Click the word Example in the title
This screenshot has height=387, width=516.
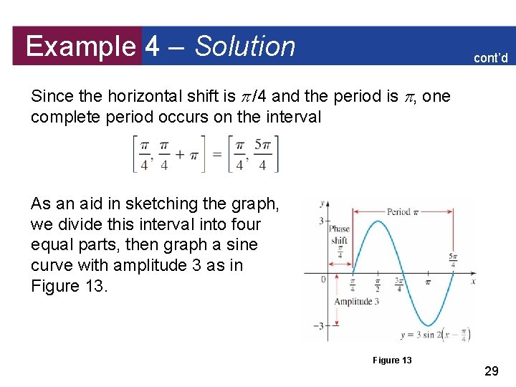(x=80, y=46)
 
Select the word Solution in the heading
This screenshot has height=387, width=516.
(x=245, y=46)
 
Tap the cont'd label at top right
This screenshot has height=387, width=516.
(x=490, y=58)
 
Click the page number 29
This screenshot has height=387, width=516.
(x=492, y=371)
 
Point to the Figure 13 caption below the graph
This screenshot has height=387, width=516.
(x=392, y=360)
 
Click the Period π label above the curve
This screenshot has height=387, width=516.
(x=398, y=211)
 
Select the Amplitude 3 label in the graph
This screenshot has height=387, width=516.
(x=356, y=302)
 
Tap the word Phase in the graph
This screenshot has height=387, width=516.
(x=339, y=229)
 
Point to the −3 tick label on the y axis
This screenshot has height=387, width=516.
(x=320, y=326)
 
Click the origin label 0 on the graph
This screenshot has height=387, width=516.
(x=323, y=279)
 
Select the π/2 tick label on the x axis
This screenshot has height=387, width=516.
(x=377, y=286)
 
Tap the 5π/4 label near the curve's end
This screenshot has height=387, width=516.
(x=454, y=260)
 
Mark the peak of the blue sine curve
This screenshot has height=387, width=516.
(x=377, y=221)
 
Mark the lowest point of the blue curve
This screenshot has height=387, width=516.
(x=429, y=325)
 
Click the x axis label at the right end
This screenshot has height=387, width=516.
(x=473, y=282)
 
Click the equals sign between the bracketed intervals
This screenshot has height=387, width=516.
(x=217, y=154)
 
